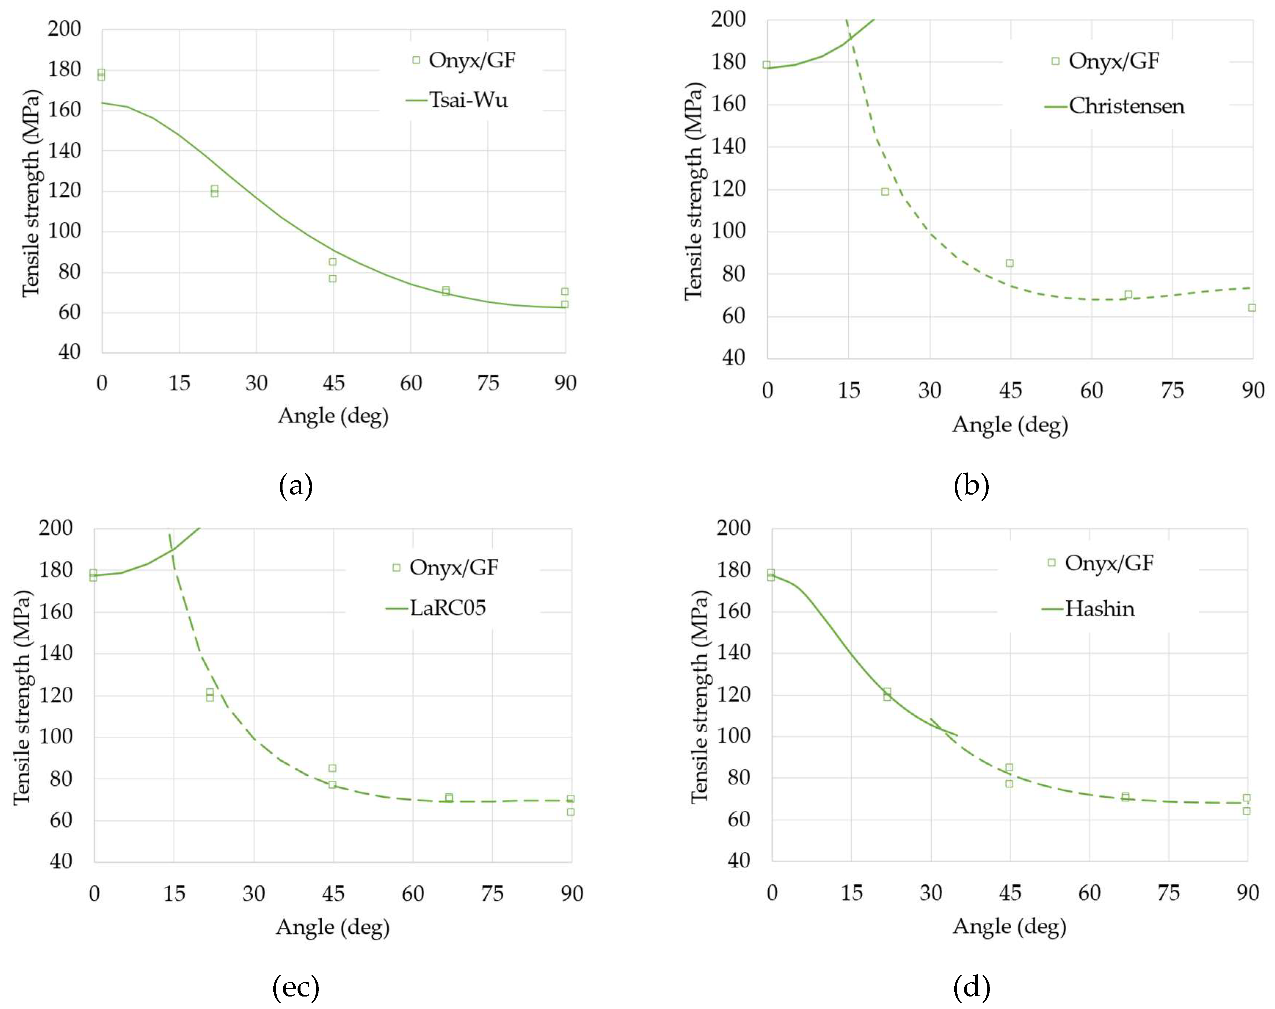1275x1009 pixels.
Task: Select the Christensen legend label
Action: coord(1126,106)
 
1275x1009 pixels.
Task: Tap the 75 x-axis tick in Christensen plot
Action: coord(1172,390)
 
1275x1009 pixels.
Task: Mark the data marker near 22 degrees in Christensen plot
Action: coord(885,192)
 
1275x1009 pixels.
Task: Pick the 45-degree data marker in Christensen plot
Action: coord(1010,263)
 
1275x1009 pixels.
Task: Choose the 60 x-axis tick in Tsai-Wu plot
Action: coord(411,383)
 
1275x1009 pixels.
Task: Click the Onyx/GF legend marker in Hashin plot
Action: coord(1051,562)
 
